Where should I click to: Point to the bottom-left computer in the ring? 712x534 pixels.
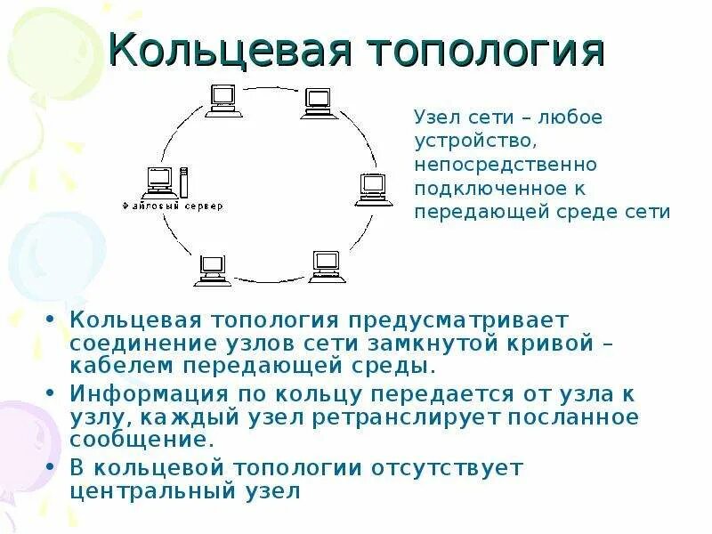pyautogui.click(x=212, y=269)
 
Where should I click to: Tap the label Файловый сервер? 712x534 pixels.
pyautogui.click(x=174, y=206)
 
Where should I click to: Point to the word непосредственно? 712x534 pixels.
pyautogui.click(x=505, y=165)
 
